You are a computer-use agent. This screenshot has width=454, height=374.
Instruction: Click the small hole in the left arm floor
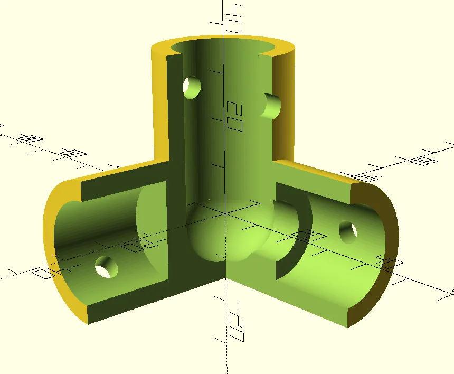(x=106, y=267)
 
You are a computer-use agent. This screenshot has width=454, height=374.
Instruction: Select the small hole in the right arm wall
(x=348, y=232)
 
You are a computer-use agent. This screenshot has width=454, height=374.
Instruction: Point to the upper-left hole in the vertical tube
(x=192, y=87)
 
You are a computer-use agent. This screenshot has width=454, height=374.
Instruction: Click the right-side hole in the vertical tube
(x=273, y=106)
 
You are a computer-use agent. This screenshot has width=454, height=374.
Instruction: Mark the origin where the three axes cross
(x=226, y=213)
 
